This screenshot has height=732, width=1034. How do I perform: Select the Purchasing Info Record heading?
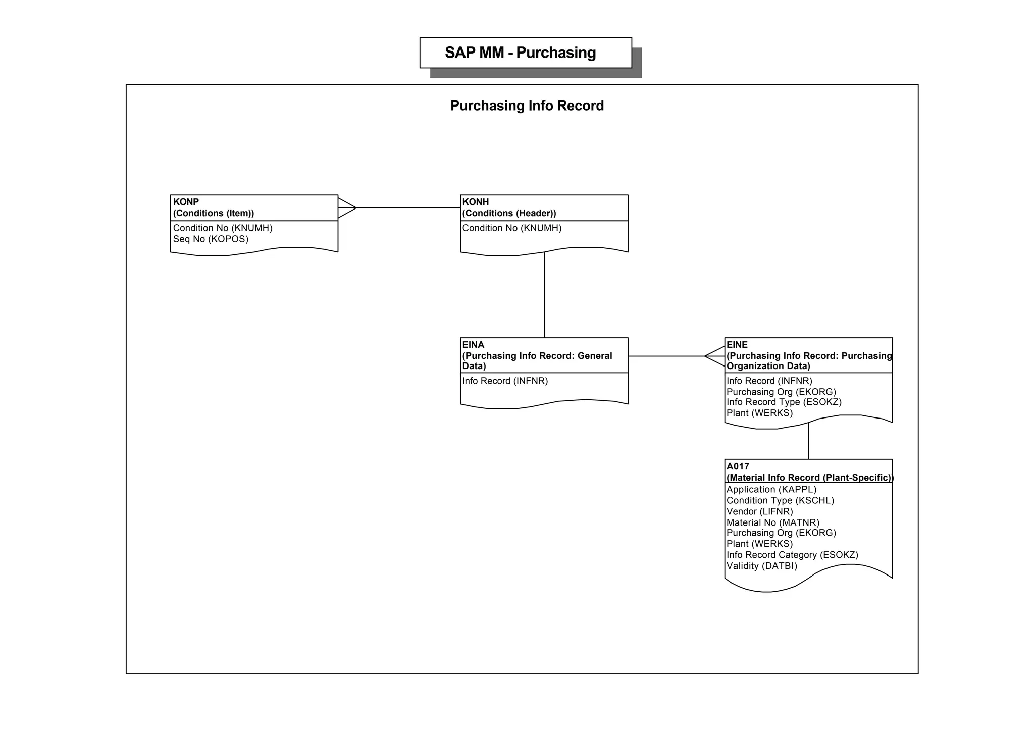pyautogui.click(x=527, y=106)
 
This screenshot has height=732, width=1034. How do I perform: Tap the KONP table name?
pyautogui.click(x=186, y=202)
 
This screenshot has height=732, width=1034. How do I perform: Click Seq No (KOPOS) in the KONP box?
pyautogui.click(x=211, y=239)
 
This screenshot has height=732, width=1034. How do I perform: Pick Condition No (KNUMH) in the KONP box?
pyautogui.click(x=223, y=228)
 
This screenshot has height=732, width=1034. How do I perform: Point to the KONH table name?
pyautogui.click(x=476, y=202)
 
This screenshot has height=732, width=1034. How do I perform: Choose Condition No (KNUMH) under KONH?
pyautogui.click(x=512, y=228)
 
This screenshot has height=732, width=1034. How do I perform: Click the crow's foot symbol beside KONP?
pyautogui.click(x=347, y=207)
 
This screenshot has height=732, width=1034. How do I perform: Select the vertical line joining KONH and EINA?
pyautogui.click(x=544, y=295)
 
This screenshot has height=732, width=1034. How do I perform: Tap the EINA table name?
pyautogui.click(x=473, y=345)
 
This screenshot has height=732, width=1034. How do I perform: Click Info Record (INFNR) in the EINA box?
pyautogui.click(x=505, y=381)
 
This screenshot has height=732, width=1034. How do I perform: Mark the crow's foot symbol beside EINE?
pyautogui.click(x=715, y=356)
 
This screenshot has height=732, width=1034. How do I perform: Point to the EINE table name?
pyautogui.click(x=737, y=345)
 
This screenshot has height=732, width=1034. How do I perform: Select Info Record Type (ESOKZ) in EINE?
pyautogui.click(x=784, y=402)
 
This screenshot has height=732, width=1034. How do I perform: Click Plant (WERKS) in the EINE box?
pyautogui.click(x=759, y=413)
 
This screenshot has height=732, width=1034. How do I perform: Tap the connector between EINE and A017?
pyautogui.click(x=809, y=441)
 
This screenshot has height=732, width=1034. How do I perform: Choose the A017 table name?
pyautogui.click(x=738, y=466)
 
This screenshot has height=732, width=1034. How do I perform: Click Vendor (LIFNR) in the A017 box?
pyautogui.click(x=759, y=511)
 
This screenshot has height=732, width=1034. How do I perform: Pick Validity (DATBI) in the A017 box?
pyautogui.click(x=761, y=566)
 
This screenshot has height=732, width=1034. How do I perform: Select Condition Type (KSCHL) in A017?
pyautogui.click(x=780, y=500)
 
